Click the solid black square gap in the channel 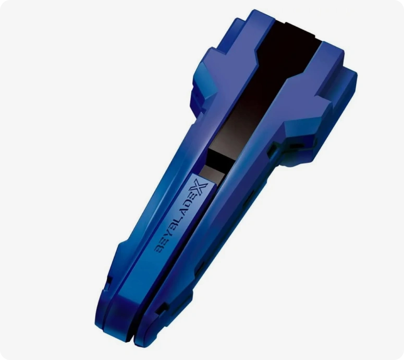pos(218,158)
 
